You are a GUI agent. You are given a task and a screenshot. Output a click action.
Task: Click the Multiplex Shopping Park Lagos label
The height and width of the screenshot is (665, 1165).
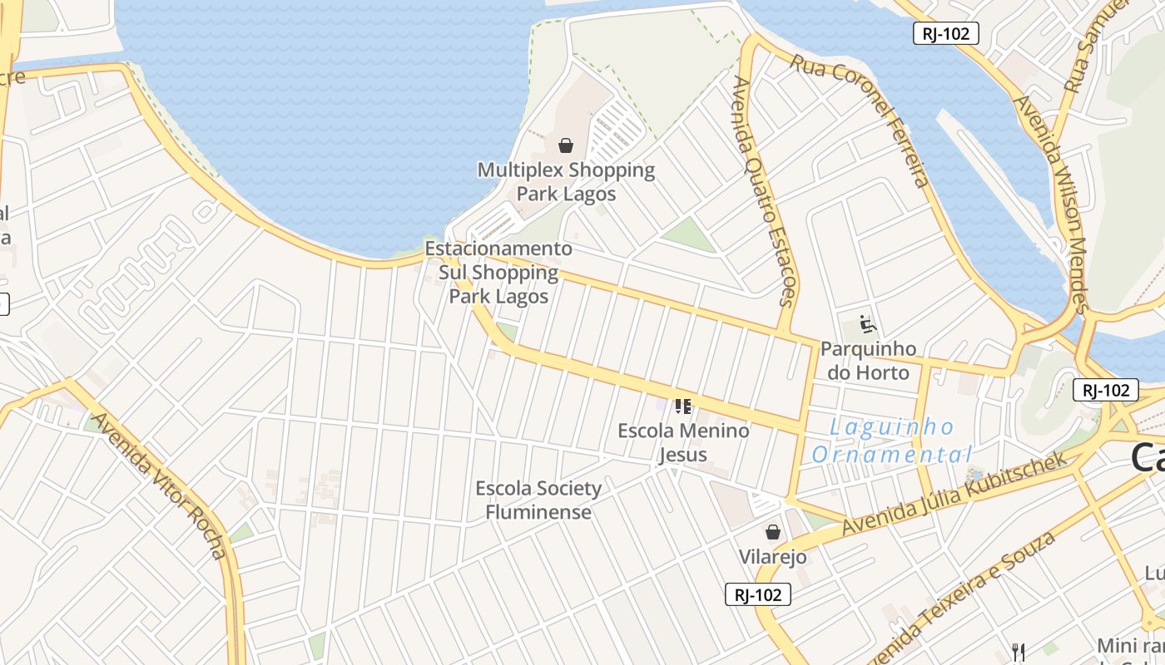coord(566,182)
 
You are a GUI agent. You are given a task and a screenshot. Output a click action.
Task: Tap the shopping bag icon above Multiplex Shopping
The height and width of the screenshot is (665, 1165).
coord(566,145)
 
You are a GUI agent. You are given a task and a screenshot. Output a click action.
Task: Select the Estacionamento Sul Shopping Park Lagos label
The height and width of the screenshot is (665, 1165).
coord(499,273)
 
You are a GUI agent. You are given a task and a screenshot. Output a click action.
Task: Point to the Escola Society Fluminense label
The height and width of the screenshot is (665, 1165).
coord(538,500)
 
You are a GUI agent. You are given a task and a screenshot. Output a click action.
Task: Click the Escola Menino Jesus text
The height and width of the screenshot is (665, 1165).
coord(683,442)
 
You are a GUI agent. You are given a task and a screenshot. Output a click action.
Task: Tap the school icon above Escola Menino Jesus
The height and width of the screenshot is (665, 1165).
coord(683,406)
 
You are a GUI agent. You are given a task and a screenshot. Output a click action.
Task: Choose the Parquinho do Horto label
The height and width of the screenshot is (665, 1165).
coord(868,360)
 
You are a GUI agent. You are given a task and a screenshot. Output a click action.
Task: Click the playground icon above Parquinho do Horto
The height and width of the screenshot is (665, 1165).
coord(867,323)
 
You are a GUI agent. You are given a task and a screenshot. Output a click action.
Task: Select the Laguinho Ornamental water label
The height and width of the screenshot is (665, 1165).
coord(892,441)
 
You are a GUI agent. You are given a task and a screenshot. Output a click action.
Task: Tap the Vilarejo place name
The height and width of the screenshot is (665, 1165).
coord(773,556)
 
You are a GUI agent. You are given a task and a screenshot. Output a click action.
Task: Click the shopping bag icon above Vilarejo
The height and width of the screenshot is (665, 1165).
coord(773,532)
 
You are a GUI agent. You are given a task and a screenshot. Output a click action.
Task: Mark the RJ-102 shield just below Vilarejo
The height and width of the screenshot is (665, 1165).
coord(757,594)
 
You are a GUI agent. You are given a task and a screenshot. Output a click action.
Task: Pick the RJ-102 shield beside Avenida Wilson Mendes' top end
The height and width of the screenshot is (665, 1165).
coord(945,33)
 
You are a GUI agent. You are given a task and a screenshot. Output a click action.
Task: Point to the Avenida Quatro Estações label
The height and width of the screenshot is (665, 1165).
coord(766,191)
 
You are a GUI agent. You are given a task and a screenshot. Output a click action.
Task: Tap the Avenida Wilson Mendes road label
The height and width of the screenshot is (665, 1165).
coord(1052,204)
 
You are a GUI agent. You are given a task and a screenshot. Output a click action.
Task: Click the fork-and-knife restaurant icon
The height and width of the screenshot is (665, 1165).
coord(1018,651)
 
